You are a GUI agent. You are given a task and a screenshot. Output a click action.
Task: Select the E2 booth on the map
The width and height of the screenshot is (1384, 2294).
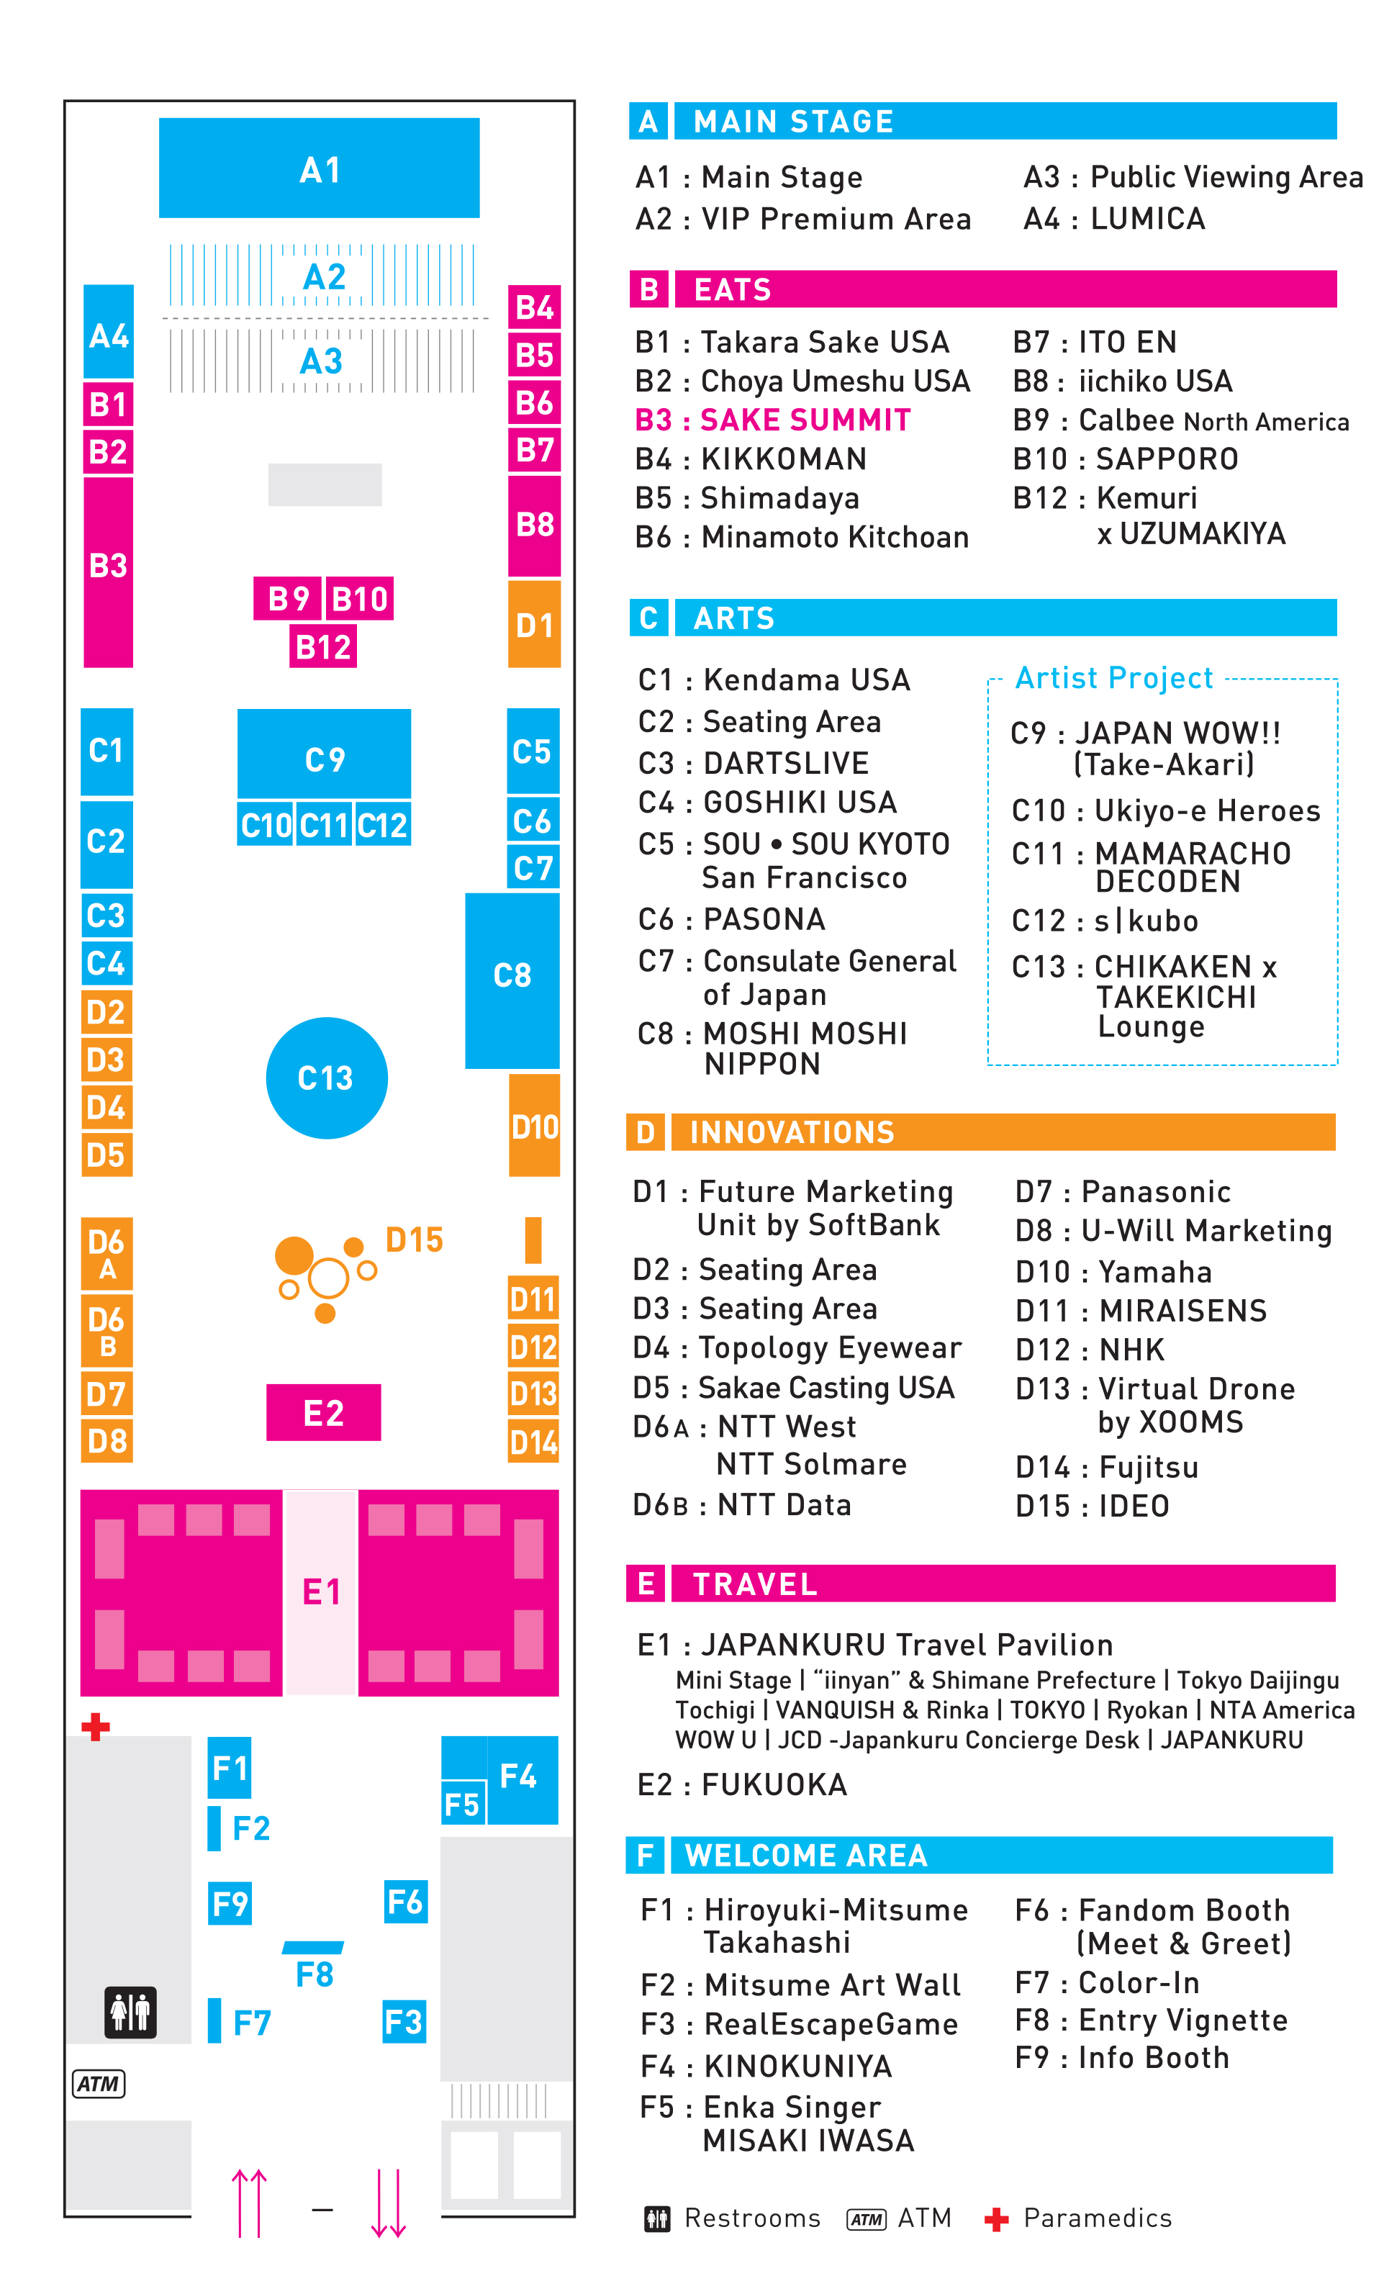323,1412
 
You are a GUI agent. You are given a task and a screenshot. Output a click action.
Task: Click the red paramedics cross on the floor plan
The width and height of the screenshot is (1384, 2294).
95,1726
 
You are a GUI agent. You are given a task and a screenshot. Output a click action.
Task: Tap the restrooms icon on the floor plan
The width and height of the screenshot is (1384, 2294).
130,2011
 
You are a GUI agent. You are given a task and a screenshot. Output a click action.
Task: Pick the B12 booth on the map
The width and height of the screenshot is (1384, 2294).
323,646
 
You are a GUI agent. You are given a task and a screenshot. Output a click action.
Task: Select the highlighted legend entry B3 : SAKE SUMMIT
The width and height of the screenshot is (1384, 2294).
772,420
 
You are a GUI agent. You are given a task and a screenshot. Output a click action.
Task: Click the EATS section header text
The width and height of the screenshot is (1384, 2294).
733,289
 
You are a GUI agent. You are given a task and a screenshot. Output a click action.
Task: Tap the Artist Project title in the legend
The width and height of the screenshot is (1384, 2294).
1113,678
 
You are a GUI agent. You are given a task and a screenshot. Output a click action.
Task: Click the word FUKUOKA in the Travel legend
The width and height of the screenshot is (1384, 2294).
774,1784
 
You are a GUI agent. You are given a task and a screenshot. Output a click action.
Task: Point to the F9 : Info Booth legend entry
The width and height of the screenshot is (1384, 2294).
1121,2056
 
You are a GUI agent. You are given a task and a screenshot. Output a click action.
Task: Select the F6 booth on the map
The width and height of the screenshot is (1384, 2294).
405,1900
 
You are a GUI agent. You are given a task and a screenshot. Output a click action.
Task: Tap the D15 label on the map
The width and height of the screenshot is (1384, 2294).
414,1239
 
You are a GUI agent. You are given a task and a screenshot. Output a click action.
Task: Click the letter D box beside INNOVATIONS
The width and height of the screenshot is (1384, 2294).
645,1132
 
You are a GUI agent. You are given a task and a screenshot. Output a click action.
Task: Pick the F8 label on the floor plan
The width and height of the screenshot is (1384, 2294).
314,1974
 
